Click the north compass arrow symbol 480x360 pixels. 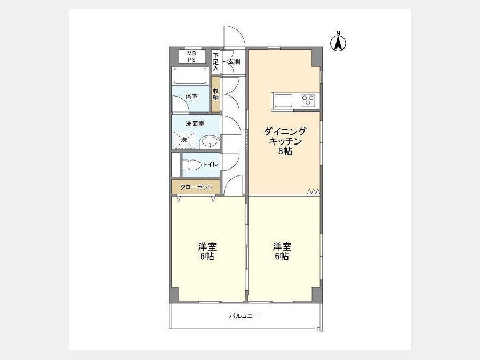coord(338,43)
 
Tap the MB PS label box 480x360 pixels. coord(192,57)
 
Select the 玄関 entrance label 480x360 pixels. coord(234,61)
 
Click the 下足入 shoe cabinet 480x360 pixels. coord(215,61)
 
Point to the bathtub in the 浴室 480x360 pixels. coord(190,76)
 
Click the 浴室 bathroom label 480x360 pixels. coord(191,97)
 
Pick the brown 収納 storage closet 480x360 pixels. coord(215,94)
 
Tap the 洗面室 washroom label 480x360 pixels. coord(195,124)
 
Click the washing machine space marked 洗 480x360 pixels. coord(185,140)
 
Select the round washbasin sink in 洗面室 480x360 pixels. coord(210,142)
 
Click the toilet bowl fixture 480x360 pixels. coord(193,165)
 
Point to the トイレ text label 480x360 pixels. coord(210,165)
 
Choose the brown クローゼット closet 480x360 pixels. coord(196,187)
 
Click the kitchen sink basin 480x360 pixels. coord(283,101)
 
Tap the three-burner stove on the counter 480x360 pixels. coord(308,101)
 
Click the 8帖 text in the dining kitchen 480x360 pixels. coord(285,151)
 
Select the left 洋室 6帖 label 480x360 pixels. coord(207,251)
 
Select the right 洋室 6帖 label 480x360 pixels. coord(282,251)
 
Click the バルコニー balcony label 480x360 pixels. coord(244,316)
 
